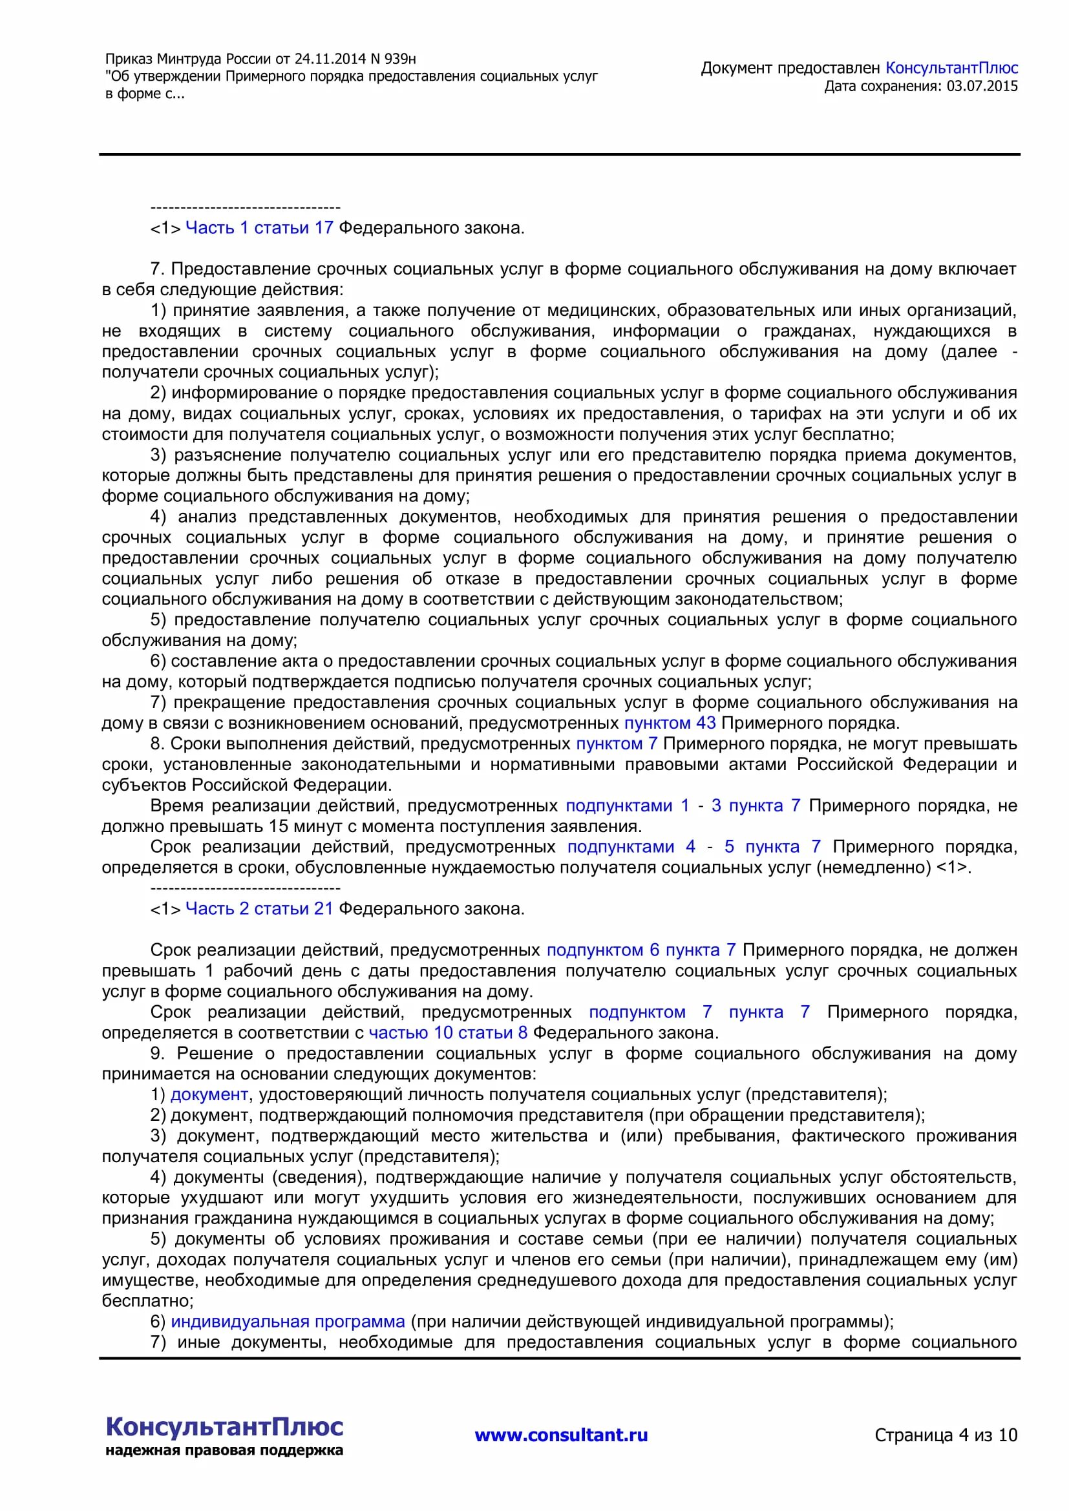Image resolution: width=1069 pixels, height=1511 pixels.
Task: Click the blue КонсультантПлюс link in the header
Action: (951, 68)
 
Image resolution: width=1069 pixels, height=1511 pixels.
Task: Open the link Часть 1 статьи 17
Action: (259, 227)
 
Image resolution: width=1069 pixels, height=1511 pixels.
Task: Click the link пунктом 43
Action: (670, 723)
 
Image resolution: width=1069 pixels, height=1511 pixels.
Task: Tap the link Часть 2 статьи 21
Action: (259, 908)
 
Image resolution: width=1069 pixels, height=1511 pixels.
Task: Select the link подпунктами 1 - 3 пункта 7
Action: (683, 806)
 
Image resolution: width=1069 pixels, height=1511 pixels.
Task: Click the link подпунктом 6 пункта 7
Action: (640, 950)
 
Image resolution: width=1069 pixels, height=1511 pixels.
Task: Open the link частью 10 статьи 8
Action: (448, 1032)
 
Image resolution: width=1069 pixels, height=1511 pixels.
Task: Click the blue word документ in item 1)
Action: (209, 1094)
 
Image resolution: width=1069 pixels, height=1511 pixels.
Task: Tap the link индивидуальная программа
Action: (288, 1322)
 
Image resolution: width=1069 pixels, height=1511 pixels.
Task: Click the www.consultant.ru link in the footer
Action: (561, 1435)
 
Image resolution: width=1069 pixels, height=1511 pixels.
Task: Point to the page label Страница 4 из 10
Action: (946, 1435)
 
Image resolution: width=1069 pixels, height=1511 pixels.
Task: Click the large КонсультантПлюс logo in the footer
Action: (224, 1427)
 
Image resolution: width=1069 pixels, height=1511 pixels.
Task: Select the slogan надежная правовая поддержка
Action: (224, 1450)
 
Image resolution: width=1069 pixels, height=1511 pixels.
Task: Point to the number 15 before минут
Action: (278, 826)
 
